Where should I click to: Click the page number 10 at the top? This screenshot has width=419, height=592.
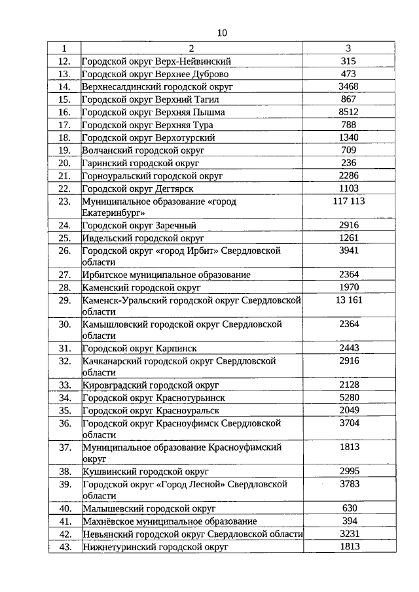click(221, 33)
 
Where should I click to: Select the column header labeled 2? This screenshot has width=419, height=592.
click(191, 48)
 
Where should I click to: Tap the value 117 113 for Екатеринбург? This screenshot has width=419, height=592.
click(348, 201)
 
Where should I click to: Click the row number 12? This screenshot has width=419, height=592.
click(64, 61)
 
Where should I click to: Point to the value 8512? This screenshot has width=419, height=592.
click(348, 113)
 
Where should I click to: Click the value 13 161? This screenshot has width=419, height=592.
click(348, 300)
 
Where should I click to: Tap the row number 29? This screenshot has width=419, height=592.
click(64, 300)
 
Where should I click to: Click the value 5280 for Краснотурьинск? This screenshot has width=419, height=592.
click(348, 398)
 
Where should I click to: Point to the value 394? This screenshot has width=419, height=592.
click(348, 521)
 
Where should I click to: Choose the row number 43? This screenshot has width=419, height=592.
click(64, 547)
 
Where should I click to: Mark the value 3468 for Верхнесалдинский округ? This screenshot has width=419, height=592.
click(348, 87)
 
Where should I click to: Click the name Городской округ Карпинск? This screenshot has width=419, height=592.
click(139, 349)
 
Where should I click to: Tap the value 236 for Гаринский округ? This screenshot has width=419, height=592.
click(348, 163)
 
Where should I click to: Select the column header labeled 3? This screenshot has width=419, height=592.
click(348, 48)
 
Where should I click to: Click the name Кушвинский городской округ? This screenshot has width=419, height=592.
click(145, 472)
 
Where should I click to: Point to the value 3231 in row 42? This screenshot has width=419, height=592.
click(348, 534)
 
